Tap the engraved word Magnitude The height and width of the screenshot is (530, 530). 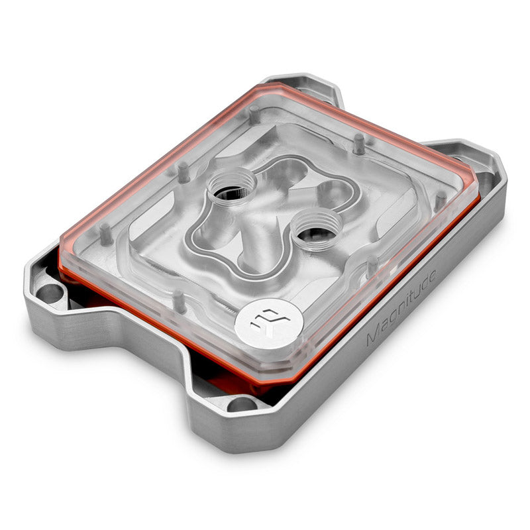tap(400, 307)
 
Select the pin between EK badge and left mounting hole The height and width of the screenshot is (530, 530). tap(180, 301)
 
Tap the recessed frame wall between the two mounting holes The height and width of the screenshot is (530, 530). tap(132, 358)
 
